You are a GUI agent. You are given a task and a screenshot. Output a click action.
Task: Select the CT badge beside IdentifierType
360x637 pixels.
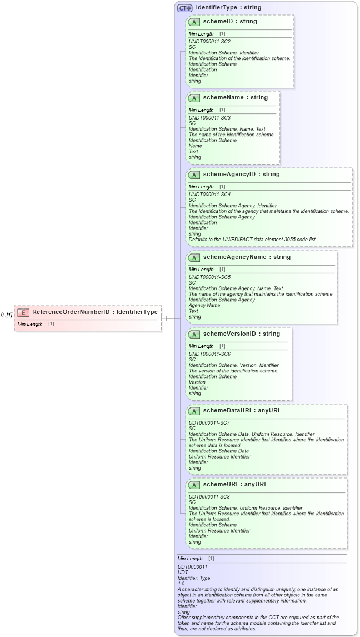point(184,8)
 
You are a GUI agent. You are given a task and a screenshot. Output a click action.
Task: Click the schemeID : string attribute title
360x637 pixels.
point(229,22)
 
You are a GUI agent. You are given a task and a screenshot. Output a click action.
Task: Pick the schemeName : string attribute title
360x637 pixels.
point(235,98)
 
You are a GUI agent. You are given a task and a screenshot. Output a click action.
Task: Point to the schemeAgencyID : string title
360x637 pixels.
point(241,175)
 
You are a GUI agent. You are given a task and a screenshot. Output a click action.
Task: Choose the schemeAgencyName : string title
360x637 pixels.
point(247,257)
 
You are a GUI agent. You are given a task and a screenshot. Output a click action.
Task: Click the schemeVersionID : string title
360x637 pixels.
point(241,334)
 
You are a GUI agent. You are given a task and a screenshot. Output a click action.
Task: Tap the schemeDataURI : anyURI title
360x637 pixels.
point(241,411)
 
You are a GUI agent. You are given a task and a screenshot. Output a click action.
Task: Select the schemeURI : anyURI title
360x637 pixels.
point(234,485)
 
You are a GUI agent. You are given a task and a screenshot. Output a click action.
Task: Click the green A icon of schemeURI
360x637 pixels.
point(194,485)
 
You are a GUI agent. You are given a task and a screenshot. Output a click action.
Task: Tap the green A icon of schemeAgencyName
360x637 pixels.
point(194,257)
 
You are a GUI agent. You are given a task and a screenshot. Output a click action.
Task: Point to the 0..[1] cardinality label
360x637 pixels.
point(7,315)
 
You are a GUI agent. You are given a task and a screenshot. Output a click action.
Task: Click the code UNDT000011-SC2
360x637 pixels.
point(209,42)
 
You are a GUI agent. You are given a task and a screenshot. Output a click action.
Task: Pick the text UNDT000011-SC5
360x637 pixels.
point(209,277)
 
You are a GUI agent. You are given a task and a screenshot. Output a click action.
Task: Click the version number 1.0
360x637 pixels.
point(181,584)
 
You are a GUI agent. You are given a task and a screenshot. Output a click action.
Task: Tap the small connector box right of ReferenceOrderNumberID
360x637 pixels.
point(164,318)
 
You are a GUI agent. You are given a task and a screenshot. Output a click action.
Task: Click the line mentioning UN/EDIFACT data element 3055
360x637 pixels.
point(252,240)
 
